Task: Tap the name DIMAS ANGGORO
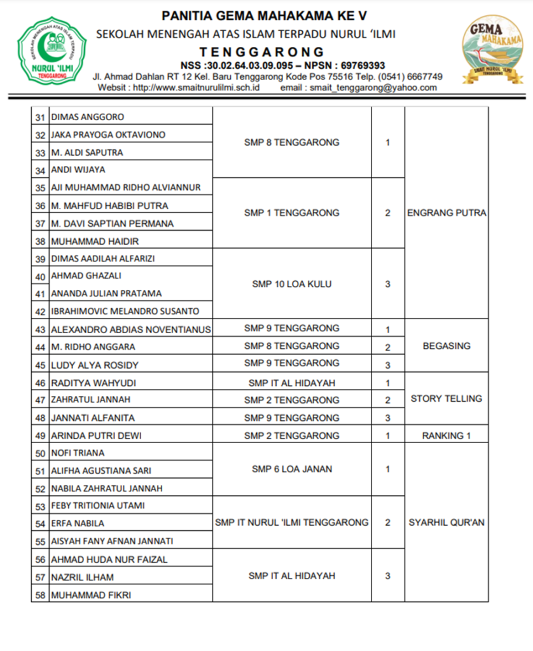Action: [88, 117]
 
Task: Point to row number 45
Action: [41, 366]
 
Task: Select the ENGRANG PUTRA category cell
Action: [446, 213]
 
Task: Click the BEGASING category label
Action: [446, 346]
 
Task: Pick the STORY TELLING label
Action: [446, 399]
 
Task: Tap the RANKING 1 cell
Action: [446, 436]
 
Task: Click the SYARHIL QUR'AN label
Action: [446, 523]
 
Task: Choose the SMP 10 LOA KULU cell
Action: [292, 284]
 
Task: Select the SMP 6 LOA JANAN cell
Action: [292, 469]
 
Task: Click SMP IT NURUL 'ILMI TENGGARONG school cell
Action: [292, 523]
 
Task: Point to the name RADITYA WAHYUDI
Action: [93, 383]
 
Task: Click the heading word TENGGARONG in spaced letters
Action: [261, 52]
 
